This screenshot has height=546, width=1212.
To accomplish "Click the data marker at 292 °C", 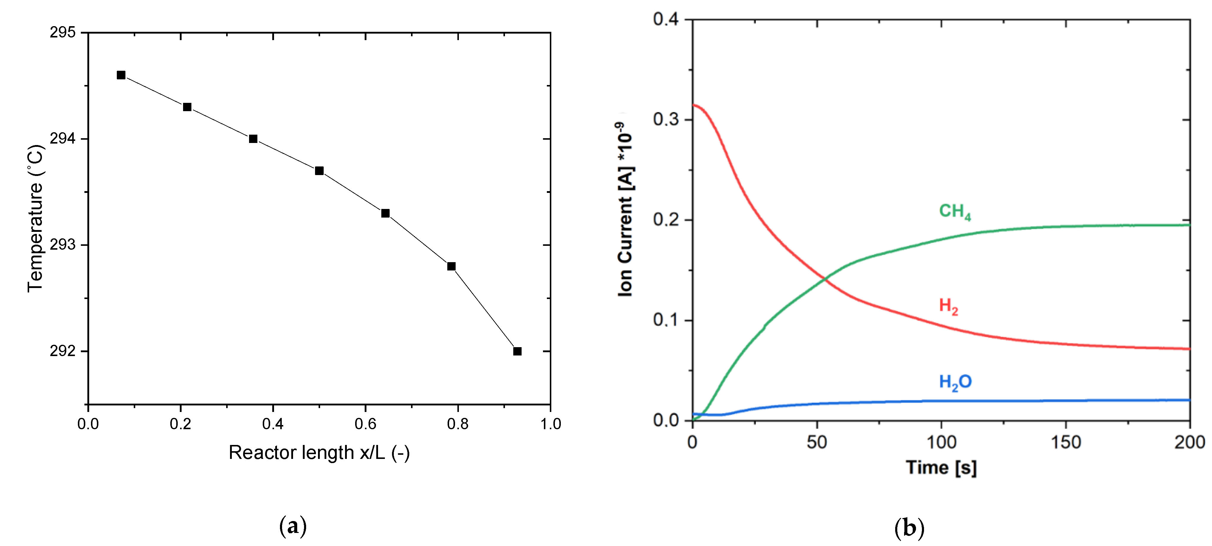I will pos(517,351).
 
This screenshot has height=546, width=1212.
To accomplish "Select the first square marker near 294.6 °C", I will pos(121,75).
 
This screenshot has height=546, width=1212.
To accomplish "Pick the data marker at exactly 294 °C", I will pos(253,139).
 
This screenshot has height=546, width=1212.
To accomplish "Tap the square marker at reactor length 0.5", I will pos(319,170).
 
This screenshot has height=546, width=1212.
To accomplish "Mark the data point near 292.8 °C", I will pos(451,266).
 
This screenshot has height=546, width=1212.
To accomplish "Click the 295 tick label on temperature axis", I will pos(63,32).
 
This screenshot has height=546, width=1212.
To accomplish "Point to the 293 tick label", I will pos(63,245).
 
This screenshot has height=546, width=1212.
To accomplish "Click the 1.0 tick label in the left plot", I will pos(550,424).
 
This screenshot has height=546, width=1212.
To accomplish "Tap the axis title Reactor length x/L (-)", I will pos(319,453).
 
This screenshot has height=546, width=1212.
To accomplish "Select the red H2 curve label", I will pos(948,306).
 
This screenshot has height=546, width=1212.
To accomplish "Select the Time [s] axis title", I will pos(941,468).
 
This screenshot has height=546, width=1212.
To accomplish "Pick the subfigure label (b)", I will pos(909,528).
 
